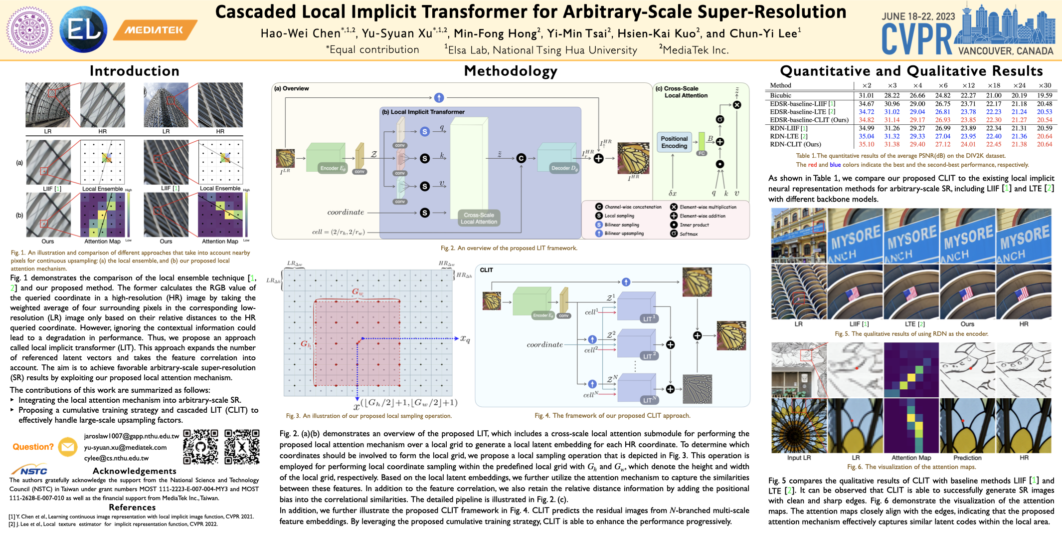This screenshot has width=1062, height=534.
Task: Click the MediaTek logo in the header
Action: [155, 30]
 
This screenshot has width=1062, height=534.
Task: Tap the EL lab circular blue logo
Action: [83, 30]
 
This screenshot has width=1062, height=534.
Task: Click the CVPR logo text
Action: [916, 39]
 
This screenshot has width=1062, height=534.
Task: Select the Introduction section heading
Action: [134, 71]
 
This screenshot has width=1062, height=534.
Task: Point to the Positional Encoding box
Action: [674, 142]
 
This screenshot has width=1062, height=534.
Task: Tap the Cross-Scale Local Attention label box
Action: [479, 218]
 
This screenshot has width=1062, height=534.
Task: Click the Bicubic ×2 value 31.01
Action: [866, 95]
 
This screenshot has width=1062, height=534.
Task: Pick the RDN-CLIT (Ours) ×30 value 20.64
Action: [1044, 144]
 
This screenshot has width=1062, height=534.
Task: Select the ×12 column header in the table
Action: [968, 85]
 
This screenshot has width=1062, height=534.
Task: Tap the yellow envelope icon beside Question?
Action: [67, 447]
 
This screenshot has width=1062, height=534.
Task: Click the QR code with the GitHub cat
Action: [200, 447]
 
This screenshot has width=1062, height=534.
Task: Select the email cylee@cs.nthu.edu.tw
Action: [116, 458]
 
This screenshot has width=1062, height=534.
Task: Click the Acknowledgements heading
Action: [134, 471]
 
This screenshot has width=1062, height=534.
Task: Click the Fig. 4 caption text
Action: [612, 415]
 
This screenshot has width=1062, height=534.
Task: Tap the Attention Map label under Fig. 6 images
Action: [911, 458]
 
